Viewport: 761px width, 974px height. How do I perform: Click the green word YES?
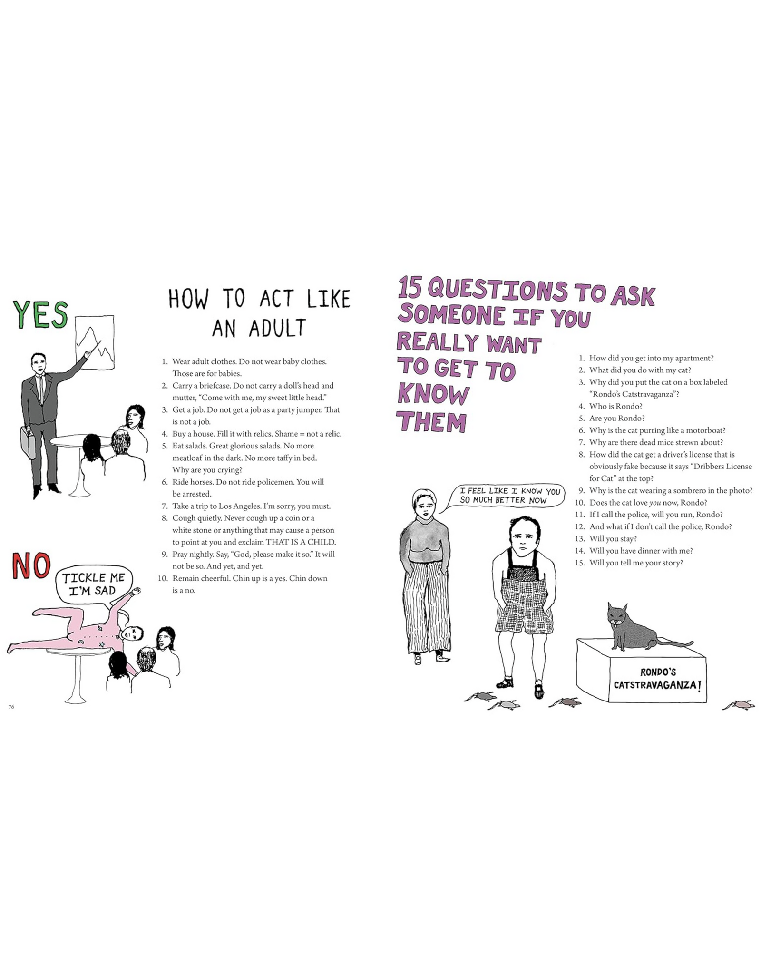(41, 314)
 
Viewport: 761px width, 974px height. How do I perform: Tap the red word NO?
(31, 565)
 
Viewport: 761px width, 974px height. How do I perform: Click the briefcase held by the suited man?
(28, 442)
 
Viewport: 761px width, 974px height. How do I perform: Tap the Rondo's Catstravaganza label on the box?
(657, 679)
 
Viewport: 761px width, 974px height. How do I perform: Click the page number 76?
(11, 707)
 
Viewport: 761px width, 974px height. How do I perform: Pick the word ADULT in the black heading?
(277, 328)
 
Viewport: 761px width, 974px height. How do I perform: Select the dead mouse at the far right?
(738, 704)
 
